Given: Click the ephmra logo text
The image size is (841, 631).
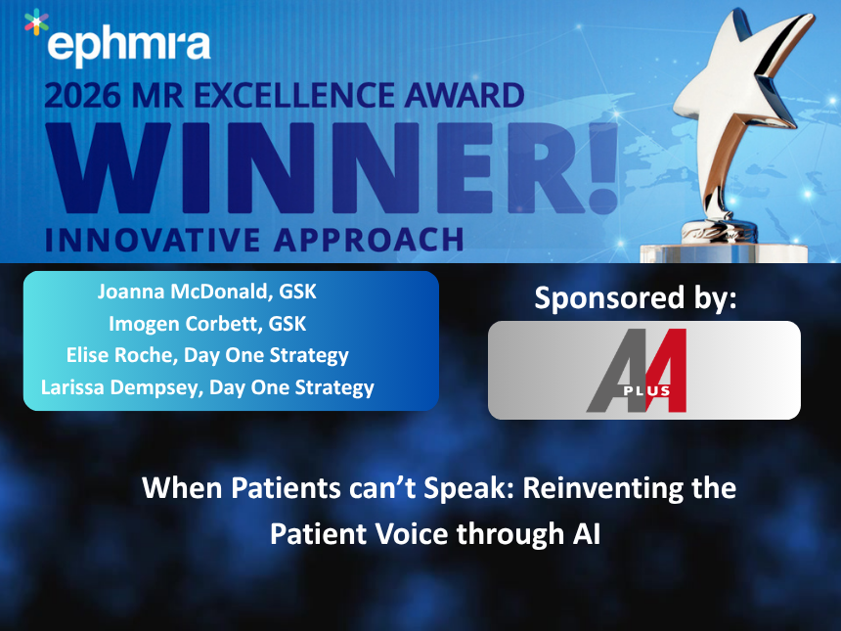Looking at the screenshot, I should [x=127, y=45].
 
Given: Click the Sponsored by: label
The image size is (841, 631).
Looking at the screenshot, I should [x=635, y=298].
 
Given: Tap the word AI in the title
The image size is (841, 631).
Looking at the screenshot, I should [x=585, y=534].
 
